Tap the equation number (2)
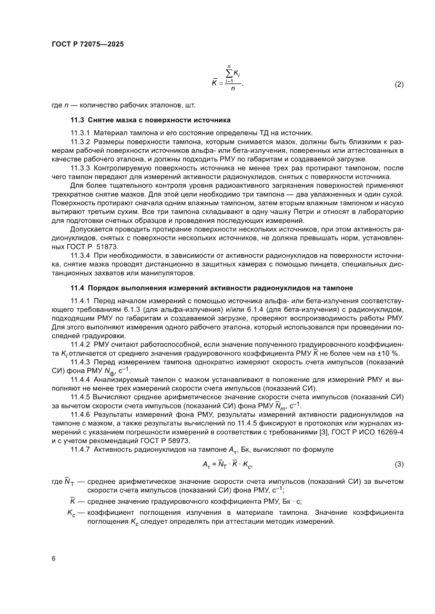pyautogui.click(x=399, y=84)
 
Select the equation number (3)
pyautogui.click(x=399, y=465)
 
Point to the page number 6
pyautogui.click(x=54, y=558)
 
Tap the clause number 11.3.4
pyautogui.click(x=80, y=255)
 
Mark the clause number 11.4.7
pyautogui.click(x=80, y=450)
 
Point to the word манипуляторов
pyautogui.click(x=169, y=273)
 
